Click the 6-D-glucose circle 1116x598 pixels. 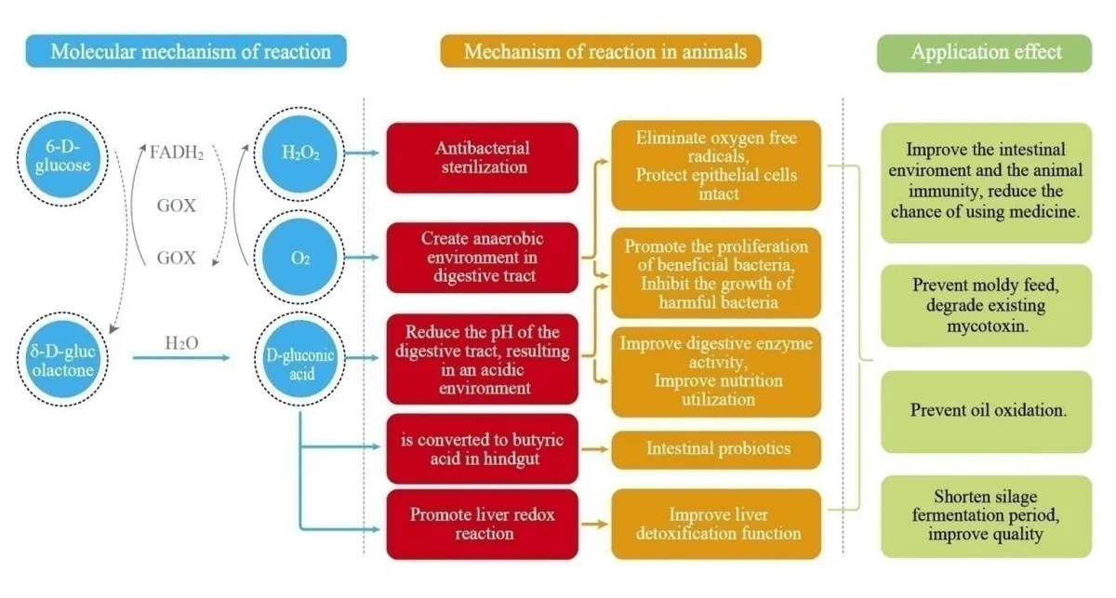[63, 158]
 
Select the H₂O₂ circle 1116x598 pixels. [299, 153]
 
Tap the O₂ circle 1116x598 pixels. [299, 257]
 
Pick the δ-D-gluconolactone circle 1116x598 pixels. [63, 359]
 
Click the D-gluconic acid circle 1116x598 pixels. [299, 359]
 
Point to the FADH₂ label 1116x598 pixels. [177, 153]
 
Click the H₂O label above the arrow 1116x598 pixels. [181, 343]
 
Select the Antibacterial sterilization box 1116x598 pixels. [483, 157]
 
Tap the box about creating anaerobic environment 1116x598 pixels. [483, 257]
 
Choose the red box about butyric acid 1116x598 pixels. [483, 448]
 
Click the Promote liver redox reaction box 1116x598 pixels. [483, 525]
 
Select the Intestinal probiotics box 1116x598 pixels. [716, 449]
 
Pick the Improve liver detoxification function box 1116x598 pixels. [716, 525]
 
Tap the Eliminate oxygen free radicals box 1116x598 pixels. [716, 166]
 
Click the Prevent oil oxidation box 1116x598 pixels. [987, 412]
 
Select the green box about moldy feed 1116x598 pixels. [987, 305]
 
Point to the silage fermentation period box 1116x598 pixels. [987, 516]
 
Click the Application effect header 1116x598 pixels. [985, 53]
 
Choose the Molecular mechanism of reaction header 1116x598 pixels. [186, 51]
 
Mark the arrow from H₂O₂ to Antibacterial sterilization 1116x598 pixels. [362, 153]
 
